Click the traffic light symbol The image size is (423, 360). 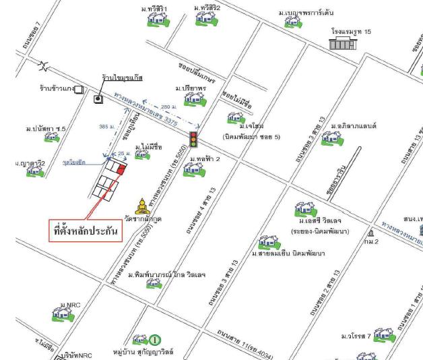[x=194, y=139]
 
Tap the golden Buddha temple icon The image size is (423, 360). [x=143, y=206]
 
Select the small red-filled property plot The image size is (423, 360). [x=120, y=170]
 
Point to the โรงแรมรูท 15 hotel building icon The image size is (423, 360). [x=341, y=44]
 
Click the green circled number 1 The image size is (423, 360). [x=154, y=340]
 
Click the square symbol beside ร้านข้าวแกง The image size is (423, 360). [x=78, y=88]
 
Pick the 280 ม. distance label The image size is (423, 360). [x=169, y=106]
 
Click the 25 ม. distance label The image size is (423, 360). [x=121, y=154]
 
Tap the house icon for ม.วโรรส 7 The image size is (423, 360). [x=384, y=335]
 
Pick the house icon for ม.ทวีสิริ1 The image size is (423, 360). [x=155, y=20]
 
